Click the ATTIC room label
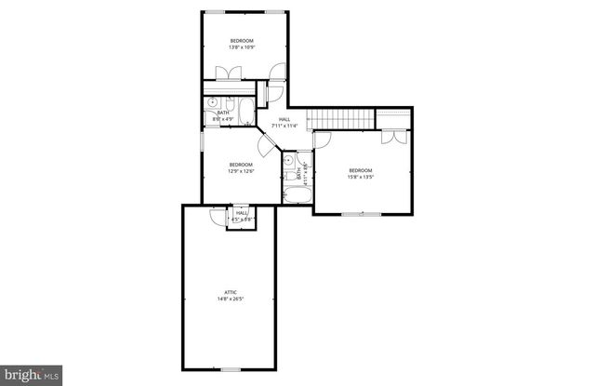[230, 292]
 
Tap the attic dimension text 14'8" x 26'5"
[230, 299]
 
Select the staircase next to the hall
[341, 118]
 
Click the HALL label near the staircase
[284, 118]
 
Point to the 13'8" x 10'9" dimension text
[243, 47]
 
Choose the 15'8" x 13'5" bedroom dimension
[361, 176]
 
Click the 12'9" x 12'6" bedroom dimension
[242, 171]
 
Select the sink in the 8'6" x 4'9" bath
[213, 103]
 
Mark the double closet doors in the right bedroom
[393, 137]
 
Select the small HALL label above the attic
[242, 213]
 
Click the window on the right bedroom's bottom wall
[353, 215]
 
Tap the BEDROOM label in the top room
[243, 40]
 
